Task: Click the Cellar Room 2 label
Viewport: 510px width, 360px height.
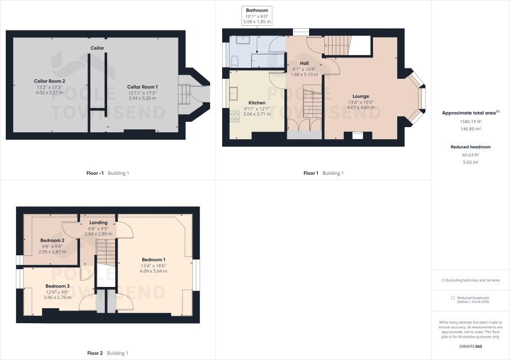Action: click(x=50, y=81)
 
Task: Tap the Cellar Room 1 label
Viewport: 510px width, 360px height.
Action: click(x=142, y=87)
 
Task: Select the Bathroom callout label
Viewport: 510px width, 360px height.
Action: click(x=257, y=10)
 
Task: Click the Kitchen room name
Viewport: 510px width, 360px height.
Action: click(x=257, y=103)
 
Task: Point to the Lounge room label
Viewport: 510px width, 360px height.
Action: click(x=360, y=96)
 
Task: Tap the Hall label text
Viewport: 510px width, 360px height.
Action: click(x=304, y=63)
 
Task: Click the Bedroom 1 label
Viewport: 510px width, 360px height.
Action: click(x=153, y=259)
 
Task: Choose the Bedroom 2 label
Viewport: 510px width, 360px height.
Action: click(x=52, y=240)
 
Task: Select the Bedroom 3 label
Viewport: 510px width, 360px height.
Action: click(x=57, y=286)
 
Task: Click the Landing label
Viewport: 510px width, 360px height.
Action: click(x=98, y=223)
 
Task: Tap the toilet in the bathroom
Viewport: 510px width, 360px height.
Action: click(x=234, y=61)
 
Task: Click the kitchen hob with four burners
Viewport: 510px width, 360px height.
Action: click(x=234, y=116)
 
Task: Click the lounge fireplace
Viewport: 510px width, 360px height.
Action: click(x=357, y=135)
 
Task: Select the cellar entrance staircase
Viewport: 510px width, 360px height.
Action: click(x=184, y=94)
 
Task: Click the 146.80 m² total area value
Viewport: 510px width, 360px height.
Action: click(x=470, y=129)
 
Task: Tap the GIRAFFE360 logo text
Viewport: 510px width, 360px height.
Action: click(x=470, y=346)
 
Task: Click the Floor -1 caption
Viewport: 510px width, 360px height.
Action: click(x=95, y=173)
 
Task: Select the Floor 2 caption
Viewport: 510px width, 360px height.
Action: click(x=95, y=353)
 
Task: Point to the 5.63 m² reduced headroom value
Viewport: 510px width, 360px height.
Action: click(x=470, y=162)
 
